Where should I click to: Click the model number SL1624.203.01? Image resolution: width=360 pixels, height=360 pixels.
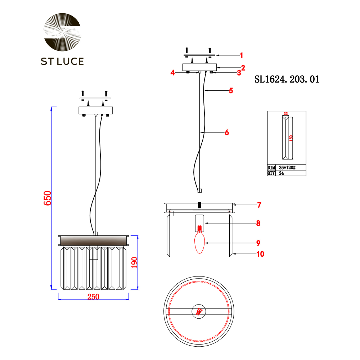tap(287, 80)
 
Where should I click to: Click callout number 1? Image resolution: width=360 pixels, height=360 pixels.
tap(242, 55)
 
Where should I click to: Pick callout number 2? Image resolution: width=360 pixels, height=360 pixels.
tap(243, 67)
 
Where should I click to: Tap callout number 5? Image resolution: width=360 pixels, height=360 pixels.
tap(231, 90)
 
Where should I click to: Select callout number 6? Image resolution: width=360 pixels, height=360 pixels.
tap(226, 132)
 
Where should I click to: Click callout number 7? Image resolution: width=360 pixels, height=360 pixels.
tap(259, 205)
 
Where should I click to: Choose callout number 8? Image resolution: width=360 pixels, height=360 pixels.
tap(258, 223)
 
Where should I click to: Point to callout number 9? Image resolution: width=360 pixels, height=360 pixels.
tap(258, 243)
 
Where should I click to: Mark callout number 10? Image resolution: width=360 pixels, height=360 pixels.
tap(260, 254)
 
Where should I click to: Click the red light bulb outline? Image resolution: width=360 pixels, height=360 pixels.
tap(200, 243)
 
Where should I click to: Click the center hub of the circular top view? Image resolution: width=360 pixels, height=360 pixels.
tap(199, 311)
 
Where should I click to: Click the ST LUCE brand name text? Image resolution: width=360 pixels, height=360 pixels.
tap(62, 61)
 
